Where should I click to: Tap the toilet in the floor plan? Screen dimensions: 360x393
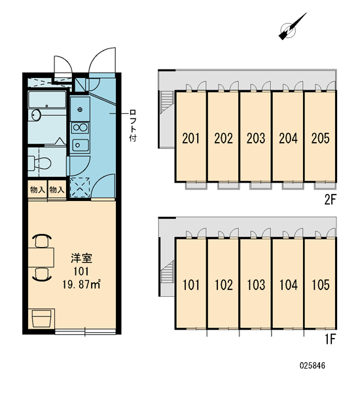[x=39, y=163]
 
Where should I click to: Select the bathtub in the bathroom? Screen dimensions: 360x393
[x=47, y=100]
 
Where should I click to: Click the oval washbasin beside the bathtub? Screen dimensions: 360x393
[x=36, y=115]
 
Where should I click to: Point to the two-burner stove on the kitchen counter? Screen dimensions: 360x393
[x=80, y=128]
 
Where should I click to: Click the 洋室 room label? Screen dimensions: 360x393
[x=81, y=258]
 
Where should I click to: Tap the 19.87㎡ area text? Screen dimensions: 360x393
[x=81, y=285]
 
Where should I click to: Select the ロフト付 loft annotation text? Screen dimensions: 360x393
[x=133, y=125]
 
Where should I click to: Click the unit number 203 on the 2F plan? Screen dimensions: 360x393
[x=256, y=138]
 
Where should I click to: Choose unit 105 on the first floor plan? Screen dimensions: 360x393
[x=321, y=285]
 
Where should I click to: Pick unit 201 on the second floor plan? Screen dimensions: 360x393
[x=191, y=138]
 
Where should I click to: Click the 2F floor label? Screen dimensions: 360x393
[x=329, y=200]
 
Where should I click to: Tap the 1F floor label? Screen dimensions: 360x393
[x=330, y=339]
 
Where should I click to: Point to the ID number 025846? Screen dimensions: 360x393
[x=312, y=365]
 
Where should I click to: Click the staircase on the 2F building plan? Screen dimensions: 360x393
[x=167, y=101]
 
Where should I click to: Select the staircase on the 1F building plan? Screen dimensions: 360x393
[x=167, y=272]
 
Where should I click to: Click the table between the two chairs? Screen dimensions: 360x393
[x=41, y=257]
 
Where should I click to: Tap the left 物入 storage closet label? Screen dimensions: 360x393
[x=37, y=190]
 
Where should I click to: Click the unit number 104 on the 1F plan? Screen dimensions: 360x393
[x=289, y=285]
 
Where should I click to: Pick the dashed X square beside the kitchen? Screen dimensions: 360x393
[x=80, y=187]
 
